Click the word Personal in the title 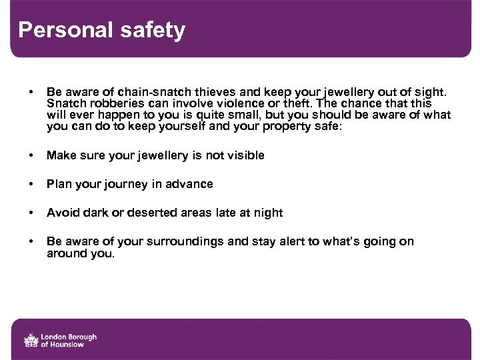(58, 30)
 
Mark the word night (268, 213)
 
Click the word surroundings (187, 241)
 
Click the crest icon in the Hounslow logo (31, 341)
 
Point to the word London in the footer (55, 337)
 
